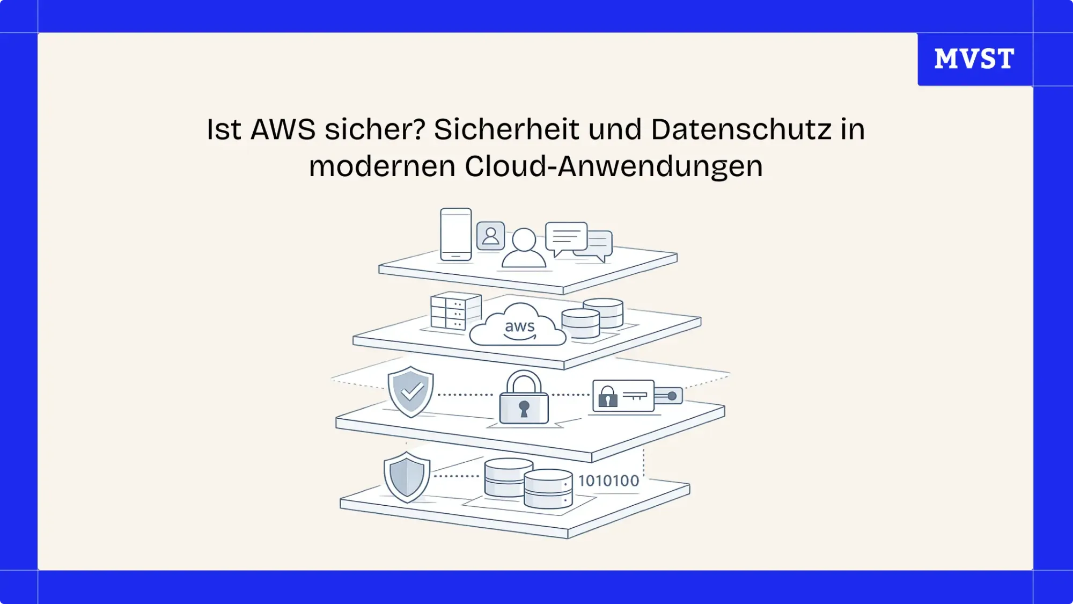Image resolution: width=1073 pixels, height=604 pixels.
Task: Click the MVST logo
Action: click(974, 59)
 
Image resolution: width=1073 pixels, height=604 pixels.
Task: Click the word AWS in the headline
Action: click(283, 130)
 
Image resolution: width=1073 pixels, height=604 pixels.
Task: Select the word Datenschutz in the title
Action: click(741, 130)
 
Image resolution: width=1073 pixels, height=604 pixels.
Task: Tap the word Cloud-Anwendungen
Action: click(613, 166)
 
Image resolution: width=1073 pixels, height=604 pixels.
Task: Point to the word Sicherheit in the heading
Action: click(506, 130)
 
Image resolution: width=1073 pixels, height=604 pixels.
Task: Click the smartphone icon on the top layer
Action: click(455, 235)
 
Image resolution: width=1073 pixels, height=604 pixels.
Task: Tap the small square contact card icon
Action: click(490, 236)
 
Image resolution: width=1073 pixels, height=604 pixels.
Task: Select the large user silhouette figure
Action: click(524, 248)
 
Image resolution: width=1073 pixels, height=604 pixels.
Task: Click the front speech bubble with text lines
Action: click(566, 237)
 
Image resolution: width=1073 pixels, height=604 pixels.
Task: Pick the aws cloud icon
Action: click(518, 326)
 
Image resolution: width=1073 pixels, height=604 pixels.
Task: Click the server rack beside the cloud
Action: click(455, 311)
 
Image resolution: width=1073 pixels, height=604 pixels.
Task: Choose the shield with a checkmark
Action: click(410, 391)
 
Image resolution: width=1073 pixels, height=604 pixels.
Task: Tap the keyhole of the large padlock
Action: click(524, 408)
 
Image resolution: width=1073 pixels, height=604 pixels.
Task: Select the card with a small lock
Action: click(623, 396)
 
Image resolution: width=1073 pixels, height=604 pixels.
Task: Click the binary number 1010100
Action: click(608, 481)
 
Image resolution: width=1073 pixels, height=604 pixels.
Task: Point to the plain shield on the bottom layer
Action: click(407, 477)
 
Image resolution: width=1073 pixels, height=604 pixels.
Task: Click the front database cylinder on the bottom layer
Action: click(547, 489)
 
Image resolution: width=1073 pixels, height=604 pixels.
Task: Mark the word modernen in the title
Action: click(382, 166)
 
